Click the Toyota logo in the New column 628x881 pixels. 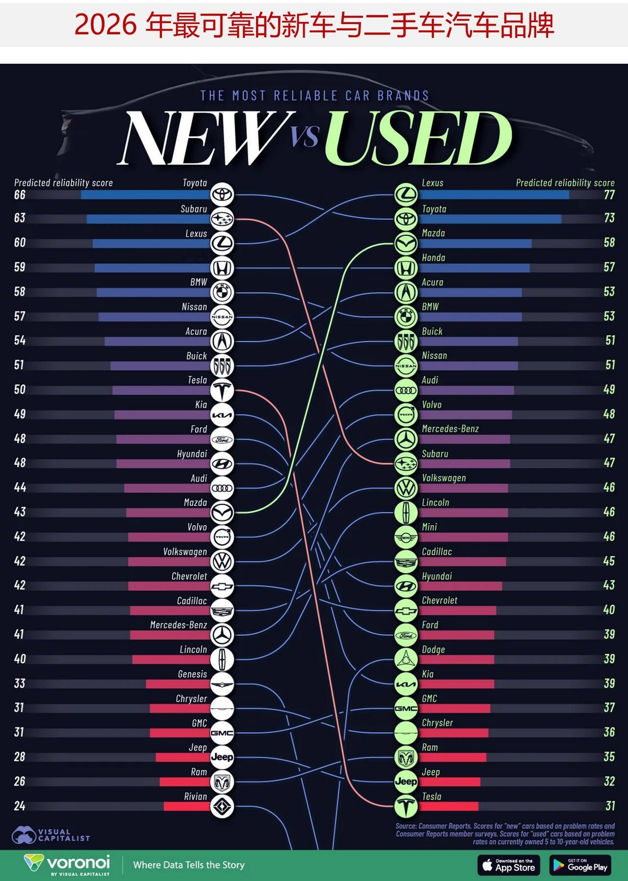pos(222,194)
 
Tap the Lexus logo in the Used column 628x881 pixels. pos(406,194)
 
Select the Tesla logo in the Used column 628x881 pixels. pos(406,806)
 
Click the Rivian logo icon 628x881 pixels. pos(222,806)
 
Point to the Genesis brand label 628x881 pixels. pos(192,674)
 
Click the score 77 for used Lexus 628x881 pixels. pos(609,195)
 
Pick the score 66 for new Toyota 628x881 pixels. pos(20,195)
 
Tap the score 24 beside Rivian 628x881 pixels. pos(20,806)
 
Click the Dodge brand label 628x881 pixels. pos(433,649)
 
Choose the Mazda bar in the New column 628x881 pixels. pos(168,513)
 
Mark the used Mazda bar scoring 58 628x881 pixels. pos(475,243)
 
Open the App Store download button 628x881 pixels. pos(509,865)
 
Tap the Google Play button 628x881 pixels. pos(581,865)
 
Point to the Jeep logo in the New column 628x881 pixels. pos(222,757)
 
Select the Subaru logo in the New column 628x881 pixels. pos(222,219)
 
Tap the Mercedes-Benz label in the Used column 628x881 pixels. pos(450,429)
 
